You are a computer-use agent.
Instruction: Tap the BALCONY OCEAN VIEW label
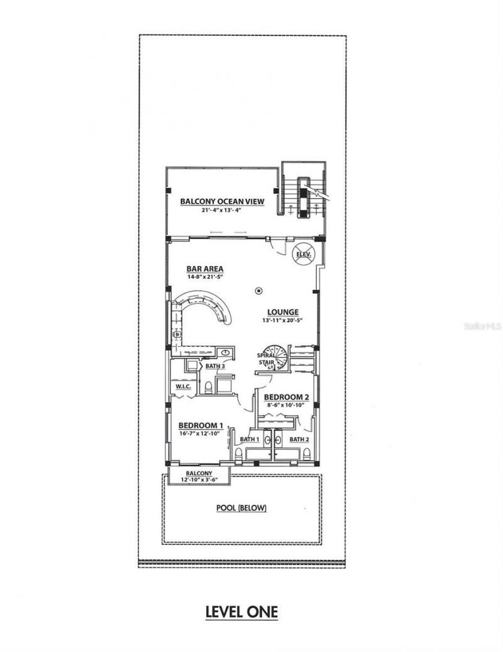pyautogui.click(x=221, y=201)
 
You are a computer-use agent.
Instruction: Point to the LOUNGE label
pyautogui.click(x=282, y=312)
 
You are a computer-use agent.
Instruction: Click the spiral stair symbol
pyautogui.click(x=275, y=359)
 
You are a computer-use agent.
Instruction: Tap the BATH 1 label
pyautogui.click(x=250, y=439)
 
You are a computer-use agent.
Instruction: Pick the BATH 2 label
pyautogui.click(x=299, y=439)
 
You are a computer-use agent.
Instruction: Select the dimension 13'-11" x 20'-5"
pyautogui.click(x=282, y=320)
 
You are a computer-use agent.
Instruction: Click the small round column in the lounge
pyautogui.click(x=259, y=291)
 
